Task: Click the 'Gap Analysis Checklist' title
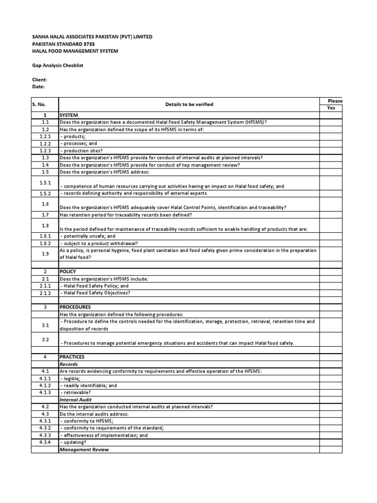point(58,65)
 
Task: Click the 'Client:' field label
point(40,80)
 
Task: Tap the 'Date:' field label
point(39,86)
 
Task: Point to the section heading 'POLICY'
point(68,272)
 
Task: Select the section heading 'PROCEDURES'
point(75,307)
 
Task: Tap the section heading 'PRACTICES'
point(72,357)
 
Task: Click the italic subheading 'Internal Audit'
point(76,400)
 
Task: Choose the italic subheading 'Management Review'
point(84,449)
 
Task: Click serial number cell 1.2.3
point(45,151)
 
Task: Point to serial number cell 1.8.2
point(45,243)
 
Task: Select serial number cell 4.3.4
point(45,443)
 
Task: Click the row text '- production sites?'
point(81,151)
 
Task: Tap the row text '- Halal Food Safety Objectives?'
point(95,293)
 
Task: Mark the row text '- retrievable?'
point(76,393)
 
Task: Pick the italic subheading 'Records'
point(69,364)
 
